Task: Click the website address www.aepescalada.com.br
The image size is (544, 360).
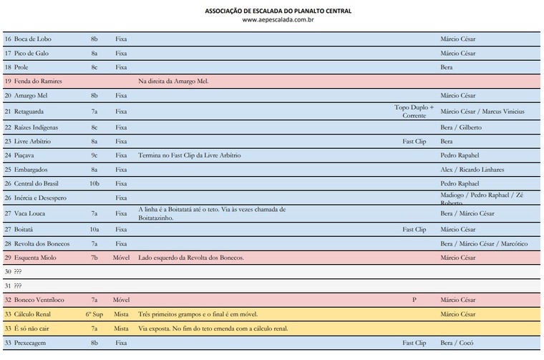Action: click(278, 19)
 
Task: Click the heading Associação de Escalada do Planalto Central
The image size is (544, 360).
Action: click(278, 11)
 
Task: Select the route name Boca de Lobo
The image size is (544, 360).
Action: click(33, 39)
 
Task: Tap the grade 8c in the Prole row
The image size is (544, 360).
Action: click(94, 67)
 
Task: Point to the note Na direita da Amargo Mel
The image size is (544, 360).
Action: click(173, 81)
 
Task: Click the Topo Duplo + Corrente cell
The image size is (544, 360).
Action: click(414, 111)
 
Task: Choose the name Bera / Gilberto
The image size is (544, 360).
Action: click(461, 127)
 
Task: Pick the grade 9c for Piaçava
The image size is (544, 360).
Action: click(94, 155)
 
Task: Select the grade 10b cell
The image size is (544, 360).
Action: click(94, 183)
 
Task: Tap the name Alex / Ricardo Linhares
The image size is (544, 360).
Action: click(472, 170)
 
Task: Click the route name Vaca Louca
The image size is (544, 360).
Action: click(33, 213)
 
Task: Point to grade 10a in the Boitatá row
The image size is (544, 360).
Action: click(94, 230)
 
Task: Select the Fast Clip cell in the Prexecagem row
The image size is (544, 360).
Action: click(414, 343)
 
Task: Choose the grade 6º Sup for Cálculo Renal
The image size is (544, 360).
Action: click(94, 314)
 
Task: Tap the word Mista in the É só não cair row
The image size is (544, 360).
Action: click(121, 329)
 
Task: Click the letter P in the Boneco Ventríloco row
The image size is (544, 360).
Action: click(414, 300)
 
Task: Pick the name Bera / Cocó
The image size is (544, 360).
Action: click(457, 343)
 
